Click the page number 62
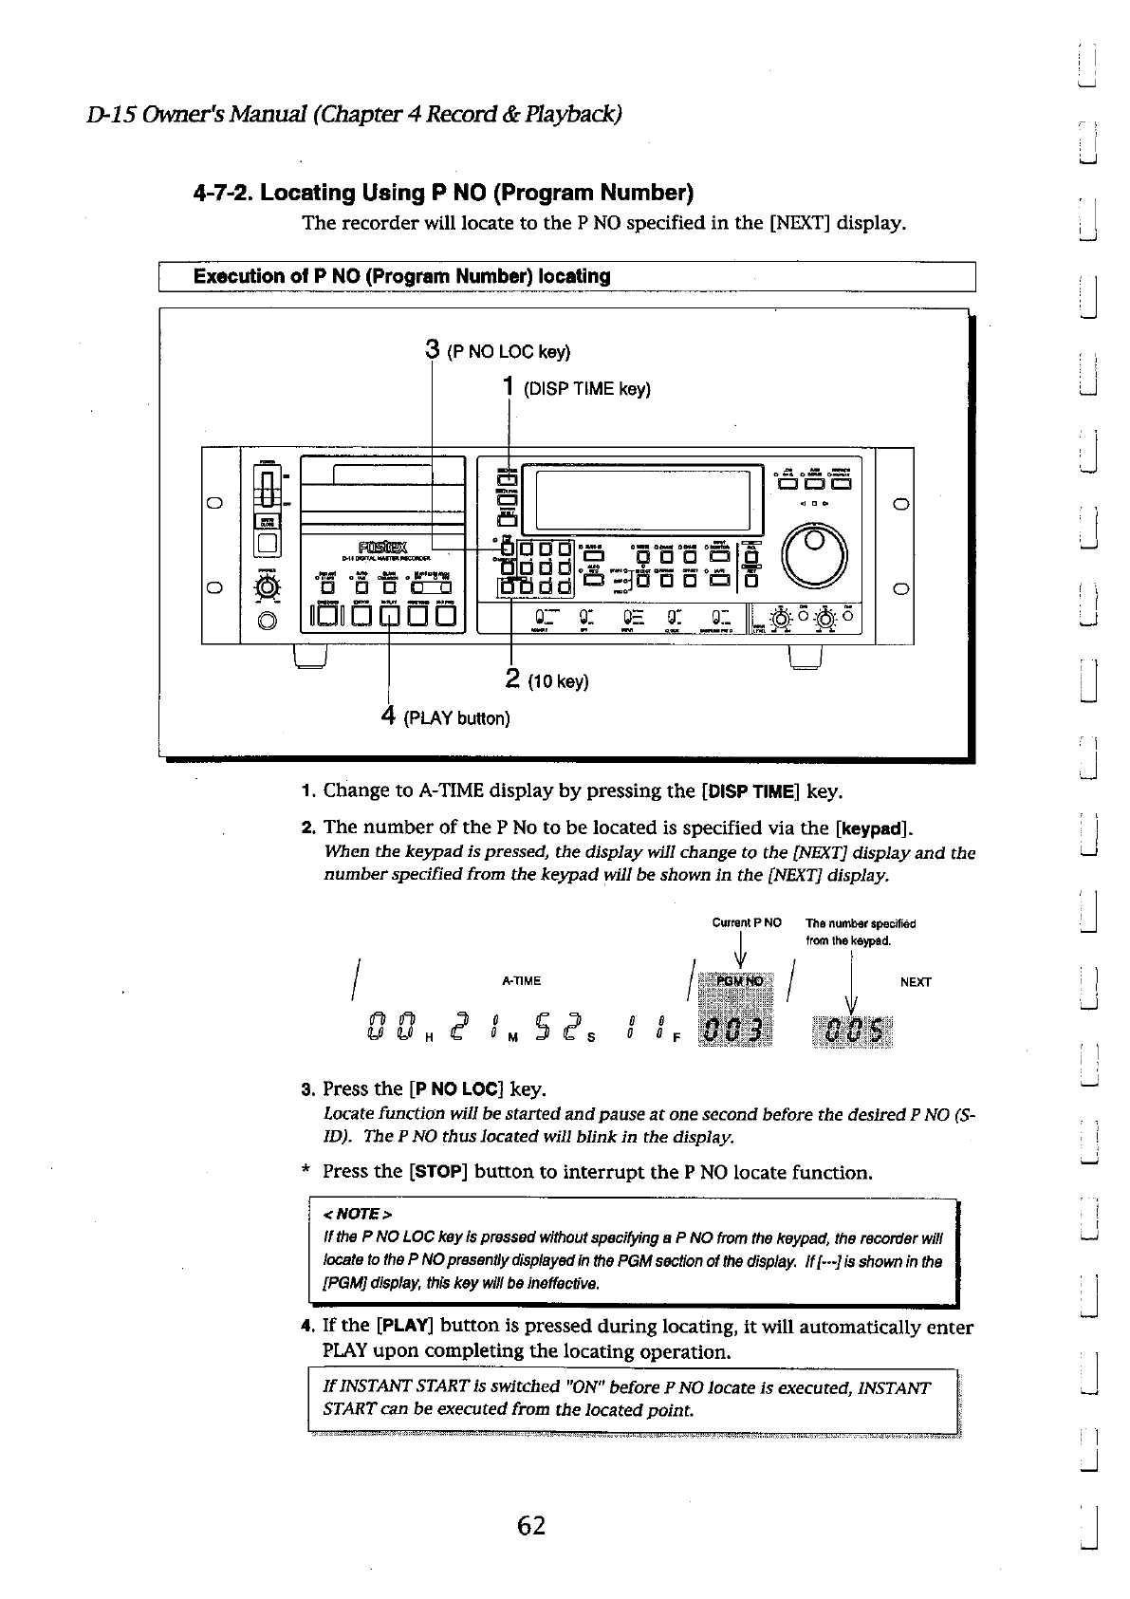[531, 1526]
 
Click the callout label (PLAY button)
[456, 718]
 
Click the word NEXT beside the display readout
[915, 982]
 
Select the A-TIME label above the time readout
[521, 981]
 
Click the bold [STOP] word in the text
[437, 1172]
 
